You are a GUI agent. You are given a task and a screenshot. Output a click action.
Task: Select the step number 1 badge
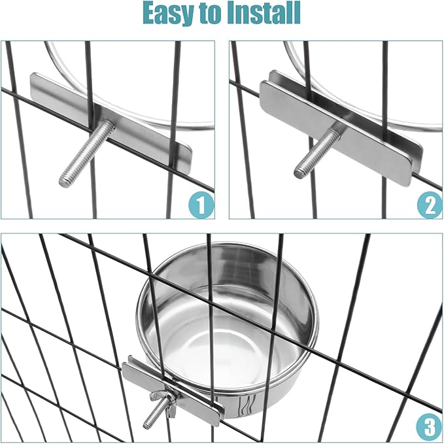201,205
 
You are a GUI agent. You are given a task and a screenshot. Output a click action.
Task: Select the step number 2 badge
429,205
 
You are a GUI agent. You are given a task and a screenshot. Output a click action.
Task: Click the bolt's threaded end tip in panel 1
64,180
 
